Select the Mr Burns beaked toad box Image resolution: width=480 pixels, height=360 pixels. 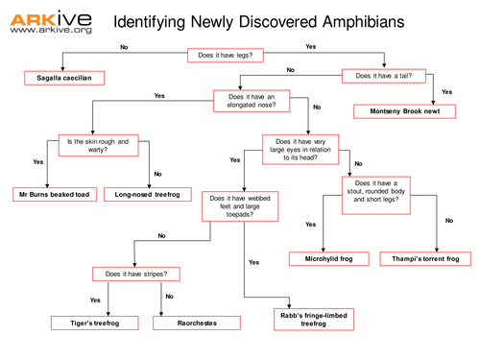[x=54, y=194]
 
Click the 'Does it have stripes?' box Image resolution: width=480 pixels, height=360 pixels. [x=140, y=274]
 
